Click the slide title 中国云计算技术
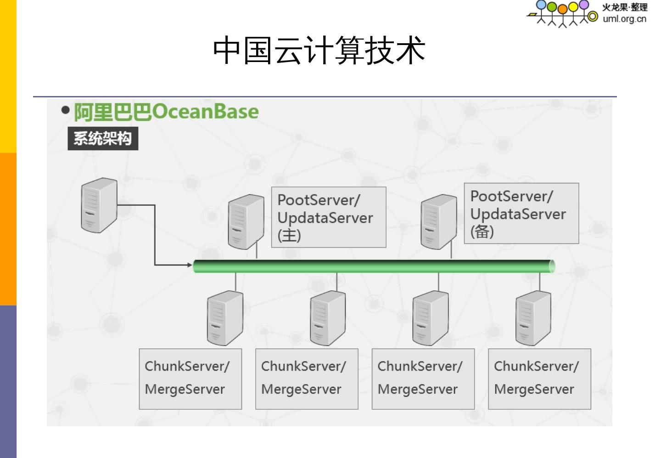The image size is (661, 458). click(x=319, y=50)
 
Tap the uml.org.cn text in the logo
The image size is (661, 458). click(x=624, y=19)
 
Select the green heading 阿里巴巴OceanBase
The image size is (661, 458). click(x=166, y=112)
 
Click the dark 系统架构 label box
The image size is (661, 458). click(x=103, y=138)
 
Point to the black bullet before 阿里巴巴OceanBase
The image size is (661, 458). click(x=65, y=110)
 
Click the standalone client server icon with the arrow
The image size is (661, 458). click(x=99, y=205)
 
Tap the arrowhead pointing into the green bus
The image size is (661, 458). click(x=190, y=265)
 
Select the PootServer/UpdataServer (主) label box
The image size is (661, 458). click(x=329, y=217)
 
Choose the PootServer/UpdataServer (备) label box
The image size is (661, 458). click(x=521, y=213)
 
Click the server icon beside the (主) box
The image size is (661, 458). click(x=246, y=222)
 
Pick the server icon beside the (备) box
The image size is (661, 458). click(x=439, y=222)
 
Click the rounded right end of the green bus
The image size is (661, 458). click(x=552, y=266)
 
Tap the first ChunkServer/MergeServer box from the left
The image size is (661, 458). click(x=190, y=379)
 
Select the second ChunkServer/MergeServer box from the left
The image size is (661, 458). click(x=307, y=379)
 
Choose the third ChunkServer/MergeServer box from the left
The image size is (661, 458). click(x=423, y=379)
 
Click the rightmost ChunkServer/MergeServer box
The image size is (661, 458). click(x=540, y=379)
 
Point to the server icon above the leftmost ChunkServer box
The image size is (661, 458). click(x=225, y=318)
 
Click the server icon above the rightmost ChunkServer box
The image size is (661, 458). click(x=533, y=318)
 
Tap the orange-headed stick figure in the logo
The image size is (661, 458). click(x=563, y=16)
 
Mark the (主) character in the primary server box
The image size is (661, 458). click(x=289, y=235)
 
